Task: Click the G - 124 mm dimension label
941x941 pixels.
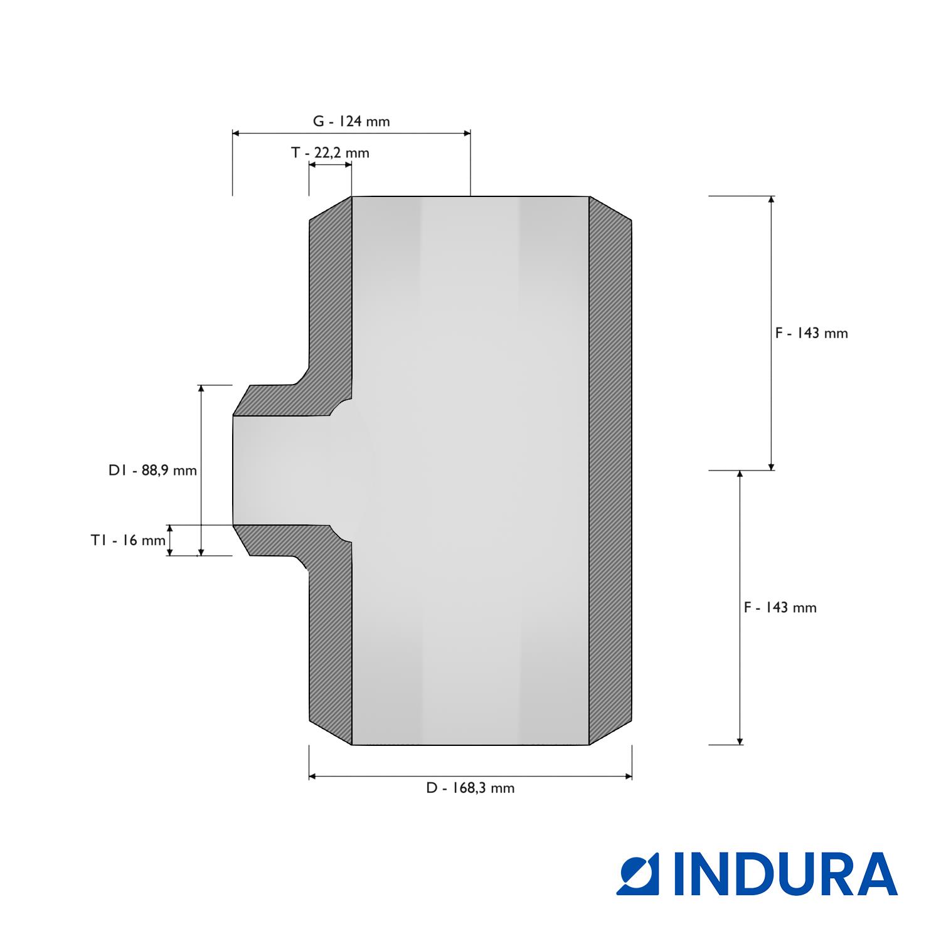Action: pos(351,121)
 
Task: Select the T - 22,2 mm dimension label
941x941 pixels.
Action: pos(330,152)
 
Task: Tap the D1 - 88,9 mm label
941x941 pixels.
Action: pos(152,470)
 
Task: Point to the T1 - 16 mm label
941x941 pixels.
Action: pos(128,540)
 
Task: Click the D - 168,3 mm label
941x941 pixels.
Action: pos(470,788)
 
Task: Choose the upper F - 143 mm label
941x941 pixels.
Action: pos(811,333)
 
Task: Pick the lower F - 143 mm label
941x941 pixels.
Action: pos(780,607)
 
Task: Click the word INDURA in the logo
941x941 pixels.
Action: pos(786,873)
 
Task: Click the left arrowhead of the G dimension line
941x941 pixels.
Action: pos(236,133)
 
